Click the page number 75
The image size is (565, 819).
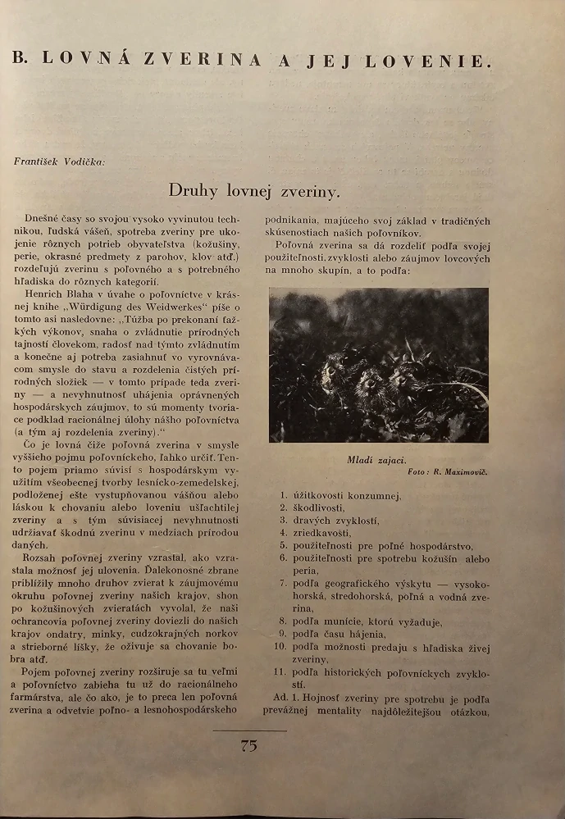point(249,745)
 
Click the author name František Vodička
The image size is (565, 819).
point(59,161)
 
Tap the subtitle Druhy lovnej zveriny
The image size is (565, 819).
point(254,191)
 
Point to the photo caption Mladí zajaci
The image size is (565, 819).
point(378,460)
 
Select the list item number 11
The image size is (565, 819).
point(281,671)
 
